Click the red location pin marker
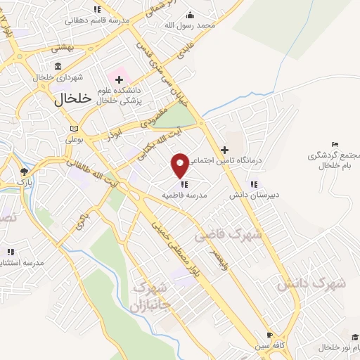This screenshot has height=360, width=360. pos(181,165)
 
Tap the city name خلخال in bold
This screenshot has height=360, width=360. pos(72,99)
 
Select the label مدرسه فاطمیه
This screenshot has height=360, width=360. pos(184,196)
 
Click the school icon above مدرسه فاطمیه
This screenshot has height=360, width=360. pos(184,185)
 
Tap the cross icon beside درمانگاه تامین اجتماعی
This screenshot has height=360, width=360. pos(224,150)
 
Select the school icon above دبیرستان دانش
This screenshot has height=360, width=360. pos(253,184)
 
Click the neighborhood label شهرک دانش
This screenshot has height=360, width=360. pos(311,283)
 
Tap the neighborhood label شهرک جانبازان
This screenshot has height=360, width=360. pos(148,297)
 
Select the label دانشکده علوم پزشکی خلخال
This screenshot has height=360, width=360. pos(122,96)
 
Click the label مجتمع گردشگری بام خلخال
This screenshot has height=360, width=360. pos(334,160)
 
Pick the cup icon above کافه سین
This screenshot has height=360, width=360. pos(268,335)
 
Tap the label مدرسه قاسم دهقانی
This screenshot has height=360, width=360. pos(98,20)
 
